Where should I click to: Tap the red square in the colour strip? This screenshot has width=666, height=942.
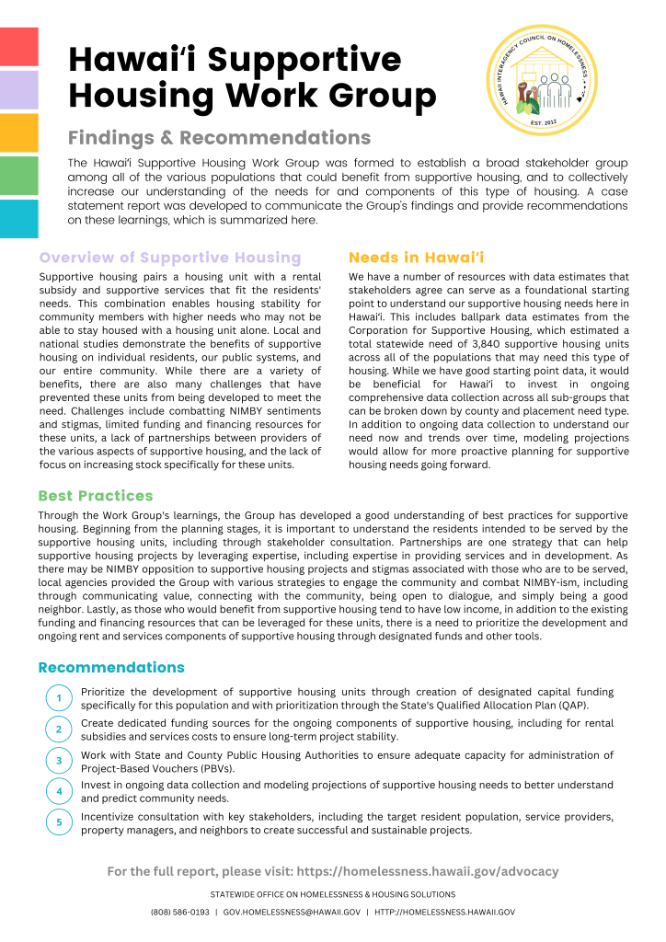click(x=18, y=47)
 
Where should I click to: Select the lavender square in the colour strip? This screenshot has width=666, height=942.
click(x=18, y=90)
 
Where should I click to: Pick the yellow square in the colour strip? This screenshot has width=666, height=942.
click(x=18, y=132)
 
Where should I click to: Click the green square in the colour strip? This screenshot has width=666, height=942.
click(x=18, y=176)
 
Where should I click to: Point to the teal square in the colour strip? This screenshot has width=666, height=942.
click(x=18, y=219)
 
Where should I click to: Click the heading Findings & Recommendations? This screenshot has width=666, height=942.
click(x=219, y=138)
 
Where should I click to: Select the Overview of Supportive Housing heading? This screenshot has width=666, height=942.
click(x=170, y=258)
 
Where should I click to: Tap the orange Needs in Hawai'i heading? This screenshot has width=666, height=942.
click(x=417, y=258)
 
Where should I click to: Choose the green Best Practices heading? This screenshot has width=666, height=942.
click(x=96, y=497)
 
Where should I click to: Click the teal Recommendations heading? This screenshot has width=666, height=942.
click(x=111, y=667)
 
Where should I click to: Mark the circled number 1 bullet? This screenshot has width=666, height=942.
click(x=59, y=698)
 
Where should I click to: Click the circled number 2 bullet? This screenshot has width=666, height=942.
click(x=59, y=729)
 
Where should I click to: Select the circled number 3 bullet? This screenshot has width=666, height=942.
click(x=59, y=761)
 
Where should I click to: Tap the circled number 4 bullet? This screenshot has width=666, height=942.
click(x=59, y=791)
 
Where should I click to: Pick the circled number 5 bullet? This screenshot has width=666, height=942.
click(x=59, y=822)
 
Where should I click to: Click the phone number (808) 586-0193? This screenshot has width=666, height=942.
click(x=179, y=913)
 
